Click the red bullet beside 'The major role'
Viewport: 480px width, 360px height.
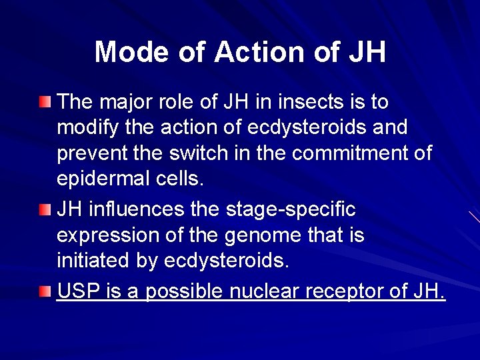coord(45,102)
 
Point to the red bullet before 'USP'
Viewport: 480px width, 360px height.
coord(45,291)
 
